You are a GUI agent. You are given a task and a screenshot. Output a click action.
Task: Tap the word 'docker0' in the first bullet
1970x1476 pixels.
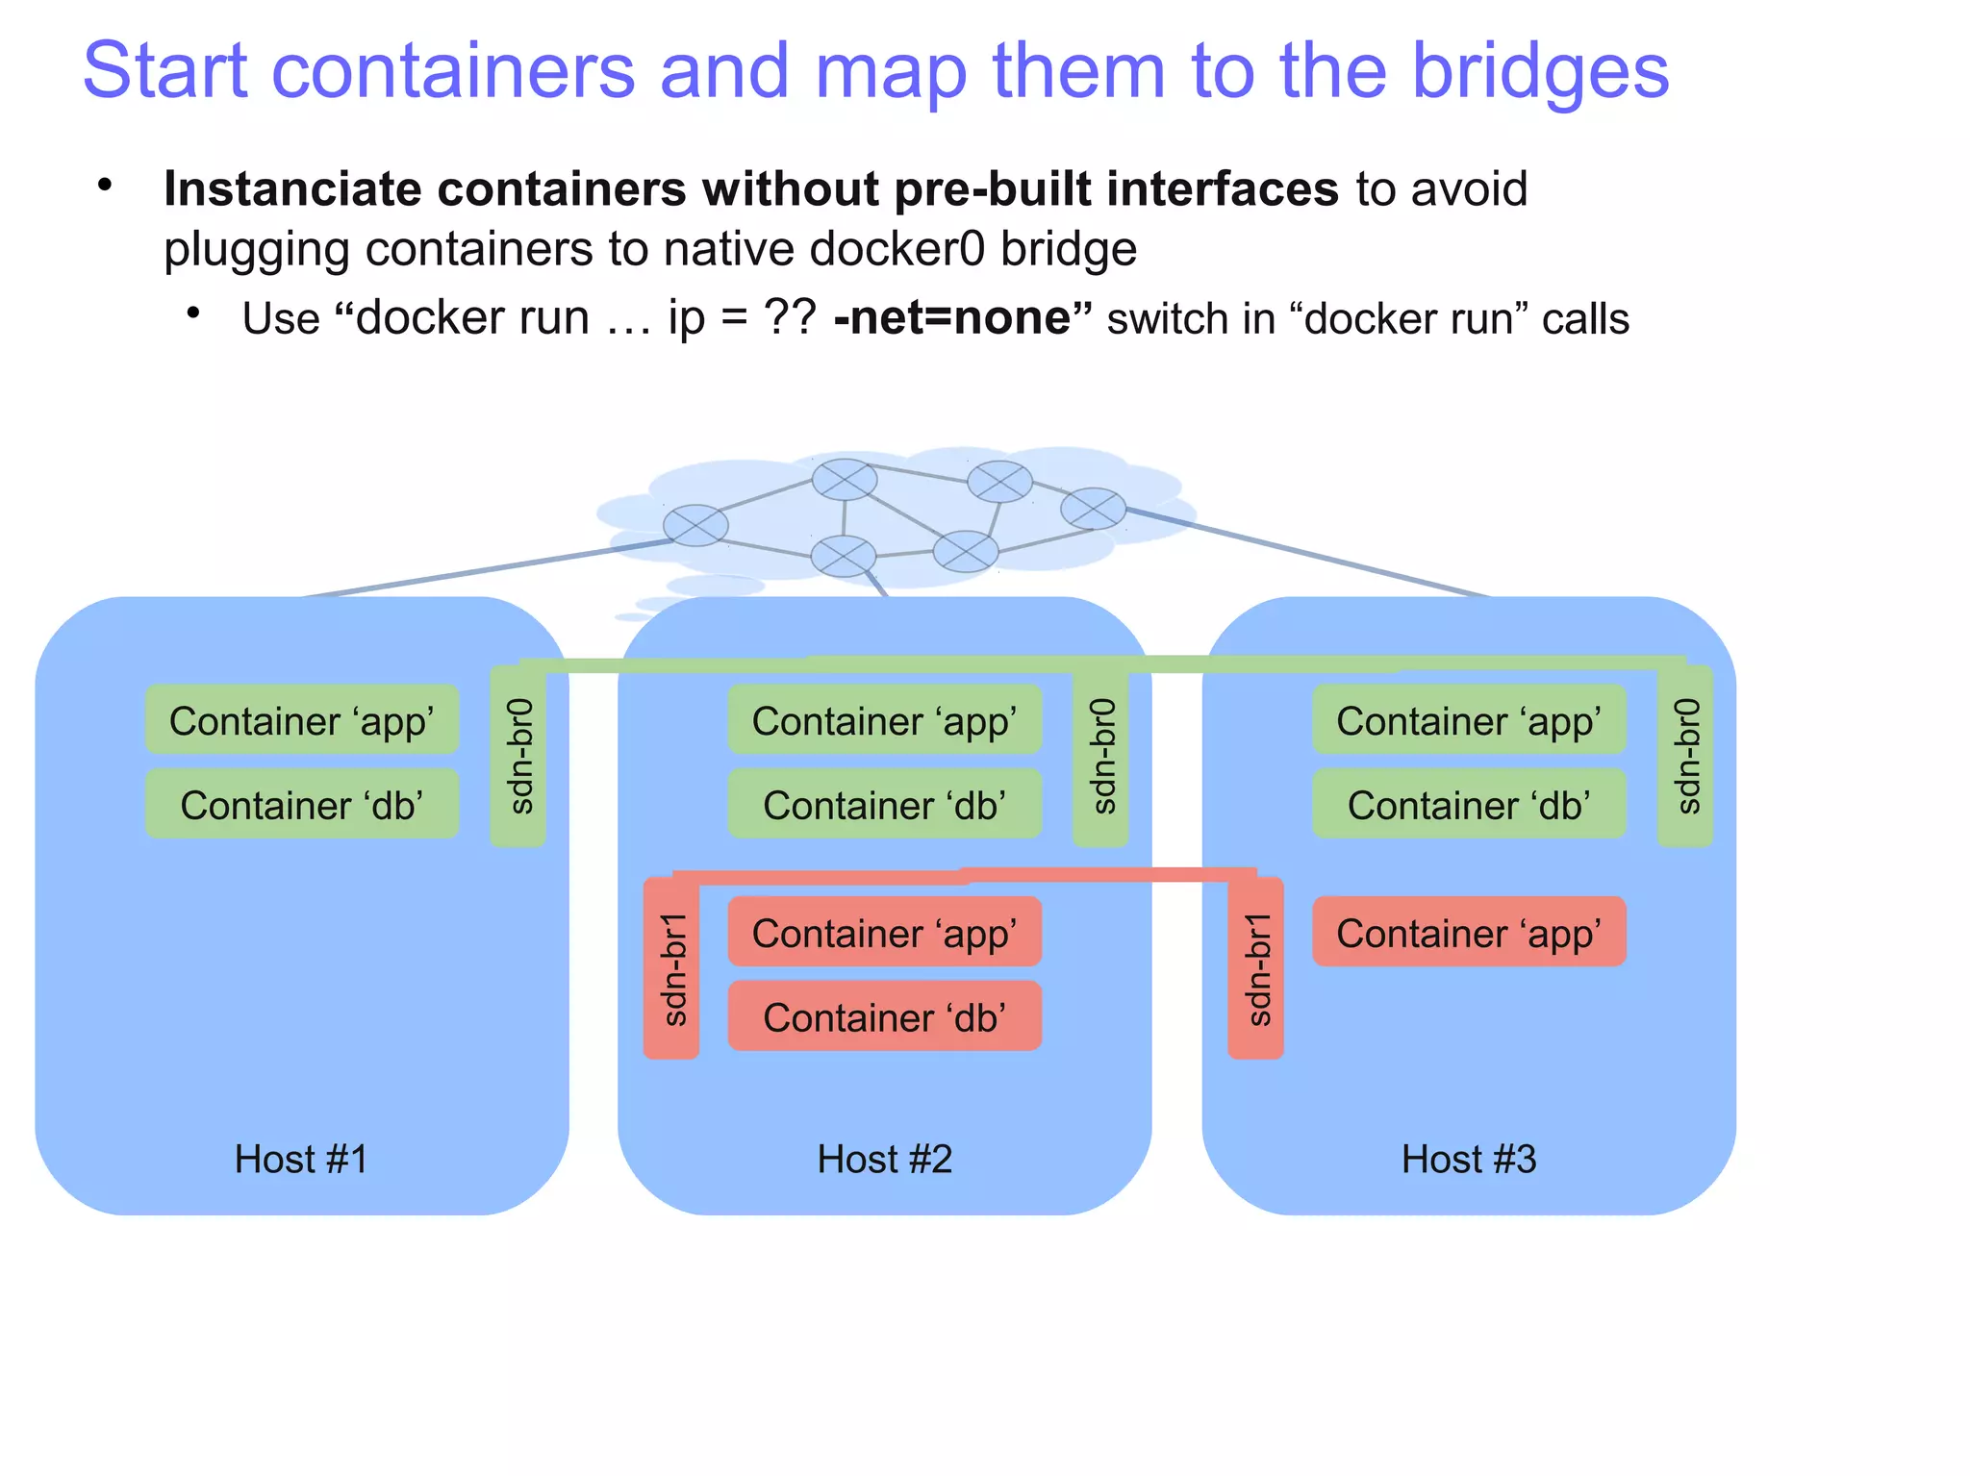(897, 249)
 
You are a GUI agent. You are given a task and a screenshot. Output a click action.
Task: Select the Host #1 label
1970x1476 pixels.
(301, 1159)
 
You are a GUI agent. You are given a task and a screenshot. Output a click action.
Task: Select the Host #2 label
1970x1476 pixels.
(884, 1159)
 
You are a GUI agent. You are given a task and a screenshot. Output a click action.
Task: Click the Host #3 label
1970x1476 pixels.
(1469, 1159)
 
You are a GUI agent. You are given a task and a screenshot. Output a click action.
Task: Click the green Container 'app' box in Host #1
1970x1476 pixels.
(301, 720)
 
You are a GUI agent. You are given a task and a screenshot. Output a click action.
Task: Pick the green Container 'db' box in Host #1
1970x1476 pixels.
(301, 805)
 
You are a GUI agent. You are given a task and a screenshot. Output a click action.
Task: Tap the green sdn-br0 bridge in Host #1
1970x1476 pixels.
(518, 757)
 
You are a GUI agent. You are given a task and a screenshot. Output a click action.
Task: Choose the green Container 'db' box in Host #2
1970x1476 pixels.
(884, 805)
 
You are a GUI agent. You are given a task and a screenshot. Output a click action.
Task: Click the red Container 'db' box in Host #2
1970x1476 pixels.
(884, 1017)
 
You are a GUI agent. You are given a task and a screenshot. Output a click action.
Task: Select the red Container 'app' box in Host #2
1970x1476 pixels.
(884, 933)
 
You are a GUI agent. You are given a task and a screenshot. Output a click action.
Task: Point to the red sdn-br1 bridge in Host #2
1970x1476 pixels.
(671, 968)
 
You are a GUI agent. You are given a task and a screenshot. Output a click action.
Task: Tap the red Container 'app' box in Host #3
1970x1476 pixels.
(1469, 933)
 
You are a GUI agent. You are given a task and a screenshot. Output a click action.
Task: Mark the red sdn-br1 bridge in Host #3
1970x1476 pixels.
(1255, 968)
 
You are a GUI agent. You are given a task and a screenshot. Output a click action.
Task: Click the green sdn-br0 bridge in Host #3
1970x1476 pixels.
(1684, 757)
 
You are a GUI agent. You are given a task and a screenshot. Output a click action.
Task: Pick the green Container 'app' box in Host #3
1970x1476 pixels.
(1469, 720)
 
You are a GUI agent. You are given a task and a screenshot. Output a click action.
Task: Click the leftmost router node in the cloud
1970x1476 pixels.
(695, 525)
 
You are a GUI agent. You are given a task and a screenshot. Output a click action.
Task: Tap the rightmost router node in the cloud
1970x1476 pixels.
(1093, 508)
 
